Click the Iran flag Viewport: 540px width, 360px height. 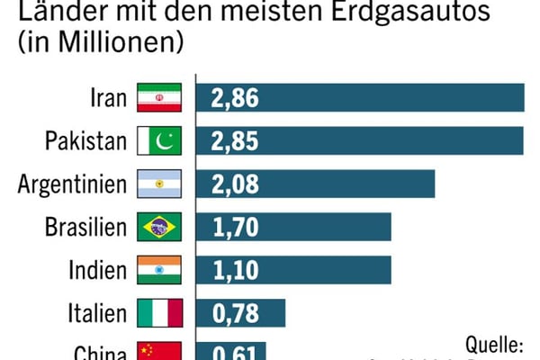[159, 97]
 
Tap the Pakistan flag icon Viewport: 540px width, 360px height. [159, 140]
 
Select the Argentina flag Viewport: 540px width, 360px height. [159, 184]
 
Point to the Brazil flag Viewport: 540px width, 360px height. [159, 227]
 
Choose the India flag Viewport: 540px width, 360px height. [159, 269]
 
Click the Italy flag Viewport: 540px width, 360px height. [159, 312]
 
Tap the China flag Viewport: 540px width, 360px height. [159, 351]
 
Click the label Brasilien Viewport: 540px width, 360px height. [85, 227]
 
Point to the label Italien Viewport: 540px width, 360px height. [97, 313]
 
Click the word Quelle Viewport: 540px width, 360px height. [494, 344]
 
